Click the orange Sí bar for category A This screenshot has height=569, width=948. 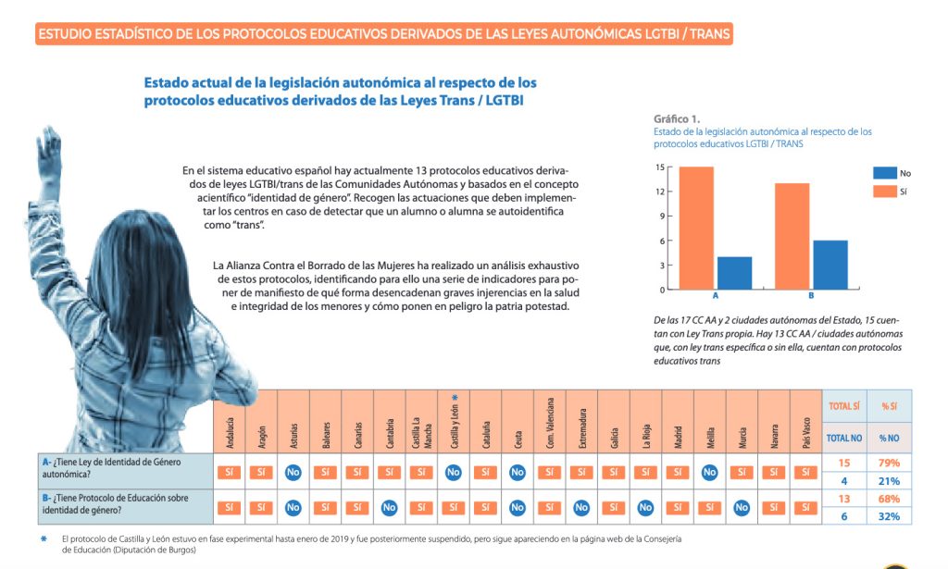coord(696,228)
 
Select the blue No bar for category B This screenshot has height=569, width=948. coord(829,265)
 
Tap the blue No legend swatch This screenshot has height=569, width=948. coord(885,173)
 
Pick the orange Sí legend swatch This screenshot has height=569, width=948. coord(885,191)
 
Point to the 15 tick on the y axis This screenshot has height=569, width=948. coord(659,167)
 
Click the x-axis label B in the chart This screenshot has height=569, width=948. coord(811,296)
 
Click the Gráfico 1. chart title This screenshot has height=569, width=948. coord(677,119)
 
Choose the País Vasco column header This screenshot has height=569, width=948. coord(805,431)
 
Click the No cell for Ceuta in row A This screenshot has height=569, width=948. coord(518,472)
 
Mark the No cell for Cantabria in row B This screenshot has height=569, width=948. coord(390,507)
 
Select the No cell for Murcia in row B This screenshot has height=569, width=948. coord(742,507)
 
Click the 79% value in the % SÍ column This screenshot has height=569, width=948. coord(890,463)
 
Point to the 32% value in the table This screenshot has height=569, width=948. coord(890,516)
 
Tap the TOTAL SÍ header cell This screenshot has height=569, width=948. coord(843,406)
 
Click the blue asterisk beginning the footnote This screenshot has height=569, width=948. coord(43,538)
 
